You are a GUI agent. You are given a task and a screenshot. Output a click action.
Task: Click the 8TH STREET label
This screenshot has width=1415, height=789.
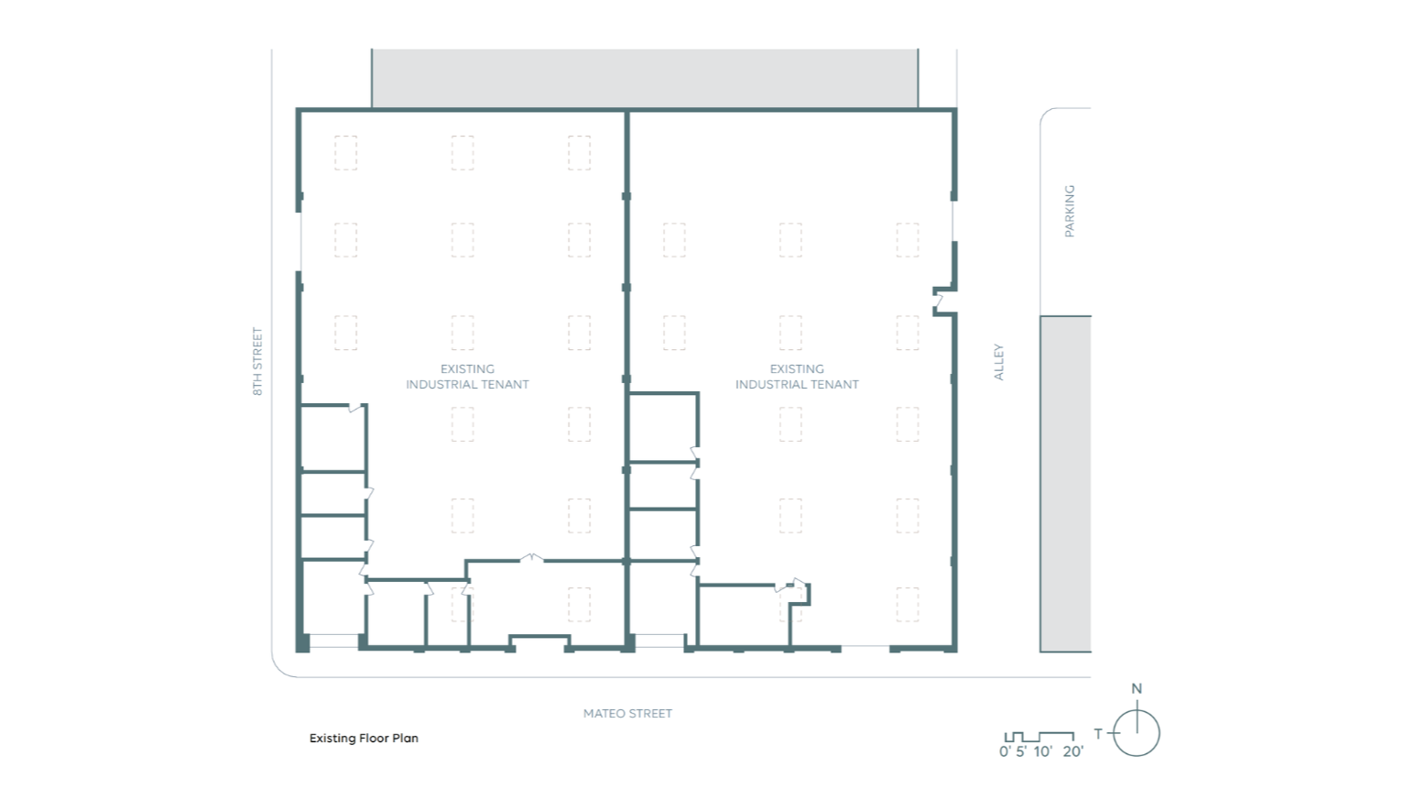257,362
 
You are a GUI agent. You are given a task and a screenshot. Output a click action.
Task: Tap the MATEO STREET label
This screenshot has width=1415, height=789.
627,714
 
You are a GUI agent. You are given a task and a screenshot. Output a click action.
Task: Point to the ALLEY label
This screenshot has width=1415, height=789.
998,362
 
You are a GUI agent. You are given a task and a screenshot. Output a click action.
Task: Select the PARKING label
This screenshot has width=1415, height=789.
1070,211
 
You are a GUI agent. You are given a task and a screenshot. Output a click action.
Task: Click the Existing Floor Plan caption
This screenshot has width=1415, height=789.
364,738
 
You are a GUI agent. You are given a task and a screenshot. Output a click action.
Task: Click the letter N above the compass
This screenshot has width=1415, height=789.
1137,689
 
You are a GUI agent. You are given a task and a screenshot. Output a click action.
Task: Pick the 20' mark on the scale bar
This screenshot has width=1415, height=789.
1073,751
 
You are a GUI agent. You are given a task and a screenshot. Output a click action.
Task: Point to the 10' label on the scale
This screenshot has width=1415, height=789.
1043,751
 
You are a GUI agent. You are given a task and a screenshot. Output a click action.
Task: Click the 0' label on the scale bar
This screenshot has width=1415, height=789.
1005,751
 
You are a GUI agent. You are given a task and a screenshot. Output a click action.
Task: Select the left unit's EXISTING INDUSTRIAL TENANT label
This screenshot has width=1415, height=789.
467,376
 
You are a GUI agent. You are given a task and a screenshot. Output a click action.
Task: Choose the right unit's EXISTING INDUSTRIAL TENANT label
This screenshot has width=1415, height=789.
797,376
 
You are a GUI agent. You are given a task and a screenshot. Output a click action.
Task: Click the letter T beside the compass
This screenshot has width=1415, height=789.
1098,733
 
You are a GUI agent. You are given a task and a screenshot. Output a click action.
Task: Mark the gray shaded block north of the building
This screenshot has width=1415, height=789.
645,79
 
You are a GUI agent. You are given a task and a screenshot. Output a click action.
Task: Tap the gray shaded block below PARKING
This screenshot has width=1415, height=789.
1066,484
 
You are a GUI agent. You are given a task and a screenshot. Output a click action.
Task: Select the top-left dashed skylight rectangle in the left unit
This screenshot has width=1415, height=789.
345,153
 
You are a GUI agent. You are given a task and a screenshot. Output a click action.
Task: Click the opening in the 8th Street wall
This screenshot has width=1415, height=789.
299,242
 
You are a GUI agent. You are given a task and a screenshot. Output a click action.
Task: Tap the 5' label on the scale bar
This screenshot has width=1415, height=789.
1021,751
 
